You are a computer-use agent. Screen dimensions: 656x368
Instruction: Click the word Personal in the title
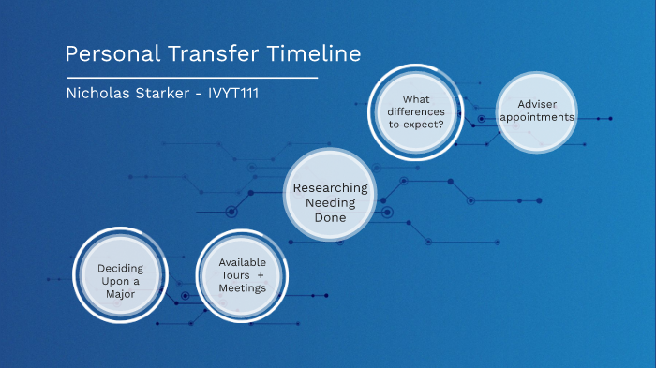point(112,54)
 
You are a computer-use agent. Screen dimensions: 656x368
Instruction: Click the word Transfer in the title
point(214,53)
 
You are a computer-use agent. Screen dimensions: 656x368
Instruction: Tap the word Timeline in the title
point(314,53)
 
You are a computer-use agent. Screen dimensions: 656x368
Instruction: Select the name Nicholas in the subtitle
point(97,93)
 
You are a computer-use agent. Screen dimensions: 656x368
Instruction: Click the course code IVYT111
point(233,93)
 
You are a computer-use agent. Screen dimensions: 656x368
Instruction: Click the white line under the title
point(192,78)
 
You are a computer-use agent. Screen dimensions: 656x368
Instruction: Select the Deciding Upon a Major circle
point(121,275)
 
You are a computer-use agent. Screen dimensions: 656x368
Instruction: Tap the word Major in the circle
point(121,294)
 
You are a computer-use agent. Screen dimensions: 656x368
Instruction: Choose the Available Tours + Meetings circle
point(242,275)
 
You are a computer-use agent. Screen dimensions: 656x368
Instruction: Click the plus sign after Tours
point(261,275)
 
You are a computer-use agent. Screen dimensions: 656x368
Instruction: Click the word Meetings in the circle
point(242,288)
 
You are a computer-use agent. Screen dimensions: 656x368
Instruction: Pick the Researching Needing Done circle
point(330,195)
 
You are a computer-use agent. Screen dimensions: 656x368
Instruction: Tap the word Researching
point(330,188)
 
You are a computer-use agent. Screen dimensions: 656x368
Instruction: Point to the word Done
point(330,217)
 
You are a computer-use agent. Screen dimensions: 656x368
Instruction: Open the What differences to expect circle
point(416,112)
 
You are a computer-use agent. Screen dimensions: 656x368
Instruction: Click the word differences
point(416,111)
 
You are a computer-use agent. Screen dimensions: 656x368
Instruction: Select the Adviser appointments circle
point(537,112)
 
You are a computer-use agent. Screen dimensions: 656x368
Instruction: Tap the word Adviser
point(537,104)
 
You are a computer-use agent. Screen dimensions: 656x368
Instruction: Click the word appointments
point(537,117)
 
